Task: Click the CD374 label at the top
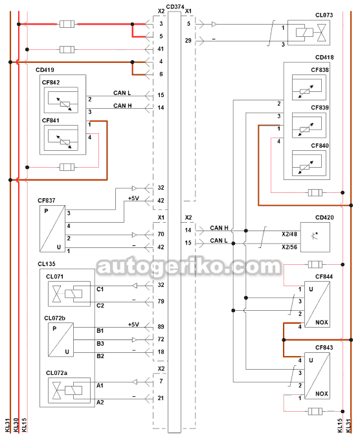(175, 6)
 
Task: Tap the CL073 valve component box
(309, 32)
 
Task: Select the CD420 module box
(315, 237)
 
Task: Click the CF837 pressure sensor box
(52, 229)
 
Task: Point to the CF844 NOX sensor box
(317, 304)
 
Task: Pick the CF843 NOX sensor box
(317, 376)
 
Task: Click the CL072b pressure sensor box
(61, 339)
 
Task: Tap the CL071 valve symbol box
(69, 294)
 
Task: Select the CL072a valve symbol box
(69, 390)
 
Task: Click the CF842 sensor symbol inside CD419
(61, 100)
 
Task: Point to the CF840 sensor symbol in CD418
(309, 163)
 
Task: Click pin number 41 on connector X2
(161, 49)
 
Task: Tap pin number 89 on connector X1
(161, 327)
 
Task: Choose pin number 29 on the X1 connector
(188, 41)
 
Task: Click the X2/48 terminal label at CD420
(289, 234)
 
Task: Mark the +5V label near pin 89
(133, 324)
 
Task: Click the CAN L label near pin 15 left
(122, 93)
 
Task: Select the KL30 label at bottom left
(16, 425)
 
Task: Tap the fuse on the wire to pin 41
(67, 50)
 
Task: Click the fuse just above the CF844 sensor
(315, 264)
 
